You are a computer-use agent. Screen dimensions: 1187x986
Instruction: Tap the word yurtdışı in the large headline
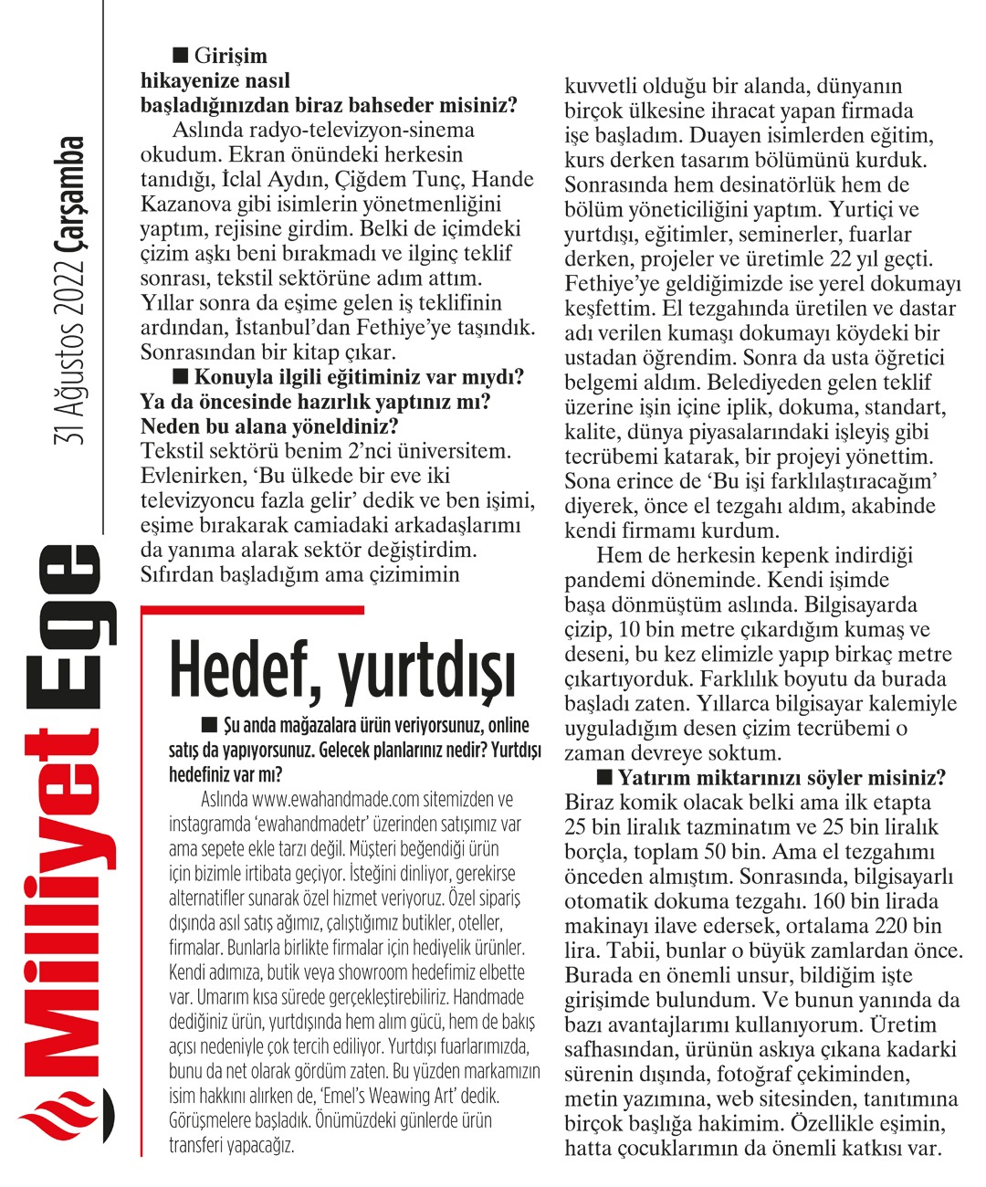pyautogui.click(x=427, y=671)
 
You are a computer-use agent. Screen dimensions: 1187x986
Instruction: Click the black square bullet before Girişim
pyautogui.click(x=180, y=56)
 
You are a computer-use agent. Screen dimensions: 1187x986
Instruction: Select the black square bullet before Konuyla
pyautogui.click(x=180, y=375)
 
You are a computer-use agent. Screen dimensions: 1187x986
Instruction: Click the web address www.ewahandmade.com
pyautogui.click(x=335, y=799)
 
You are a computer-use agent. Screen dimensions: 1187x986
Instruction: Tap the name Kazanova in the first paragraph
pyautogui.click(x=184, y=204)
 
